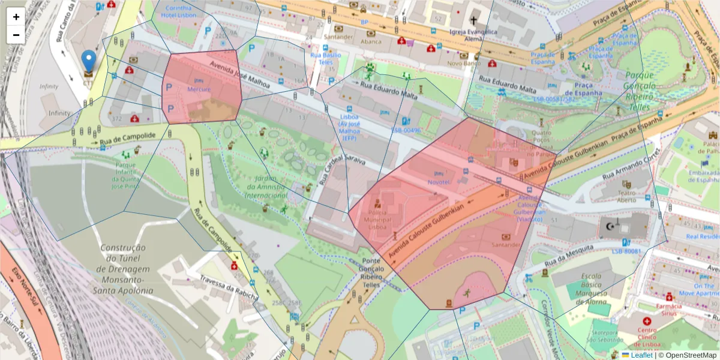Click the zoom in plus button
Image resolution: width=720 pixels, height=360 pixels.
16,17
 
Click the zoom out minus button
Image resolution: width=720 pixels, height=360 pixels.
16,35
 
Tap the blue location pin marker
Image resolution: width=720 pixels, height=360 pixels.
88,62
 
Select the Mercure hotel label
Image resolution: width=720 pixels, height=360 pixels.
199,89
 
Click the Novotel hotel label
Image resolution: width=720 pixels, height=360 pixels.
438,181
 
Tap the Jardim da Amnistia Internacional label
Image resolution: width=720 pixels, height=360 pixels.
267,187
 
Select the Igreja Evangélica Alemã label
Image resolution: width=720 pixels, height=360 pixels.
474,34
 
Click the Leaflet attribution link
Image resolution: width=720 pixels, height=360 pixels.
641,355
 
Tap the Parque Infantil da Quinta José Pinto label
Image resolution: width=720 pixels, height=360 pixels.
126,175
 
